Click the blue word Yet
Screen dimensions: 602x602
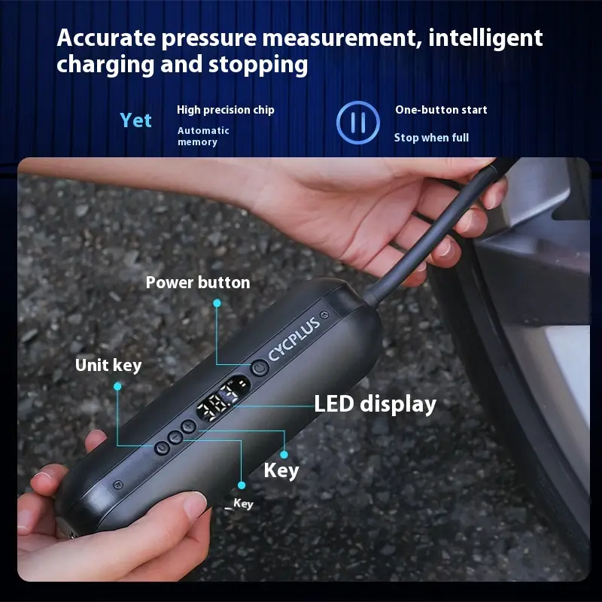tap(135, 120)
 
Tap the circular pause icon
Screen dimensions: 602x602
tap(358, 123)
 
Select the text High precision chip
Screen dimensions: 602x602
tap(225, 110)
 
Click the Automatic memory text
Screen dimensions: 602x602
tap(203, 136)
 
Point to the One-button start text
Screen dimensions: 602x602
tap(441, 110)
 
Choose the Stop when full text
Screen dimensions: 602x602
tap(431, 138)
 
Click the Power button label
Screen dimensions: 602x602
tap(198, 283)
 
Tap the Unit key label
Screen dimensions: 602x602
tap(108, 366)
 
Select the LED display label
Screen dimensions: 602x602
tap(375, 404)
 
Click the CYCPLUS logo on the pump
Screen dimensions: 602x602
tap(294, 339)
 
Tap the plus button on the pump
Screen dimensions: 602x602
tap(188, 426)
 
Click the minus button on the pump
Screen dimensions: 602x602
tap(175, 437)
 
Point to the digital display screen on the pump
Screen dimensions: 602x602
tap(223, 398)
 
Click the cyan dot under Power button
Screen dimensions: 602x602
tap(217, 303)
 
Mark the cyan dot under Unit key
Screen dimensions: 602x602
tap(117, 386)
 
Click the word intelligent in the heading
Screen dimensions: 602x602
tap(485, 39)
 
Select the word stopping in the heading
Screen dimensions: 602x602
tap(258, 65)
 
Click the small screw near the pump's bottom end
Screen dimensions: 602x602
tap(118, 485)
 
